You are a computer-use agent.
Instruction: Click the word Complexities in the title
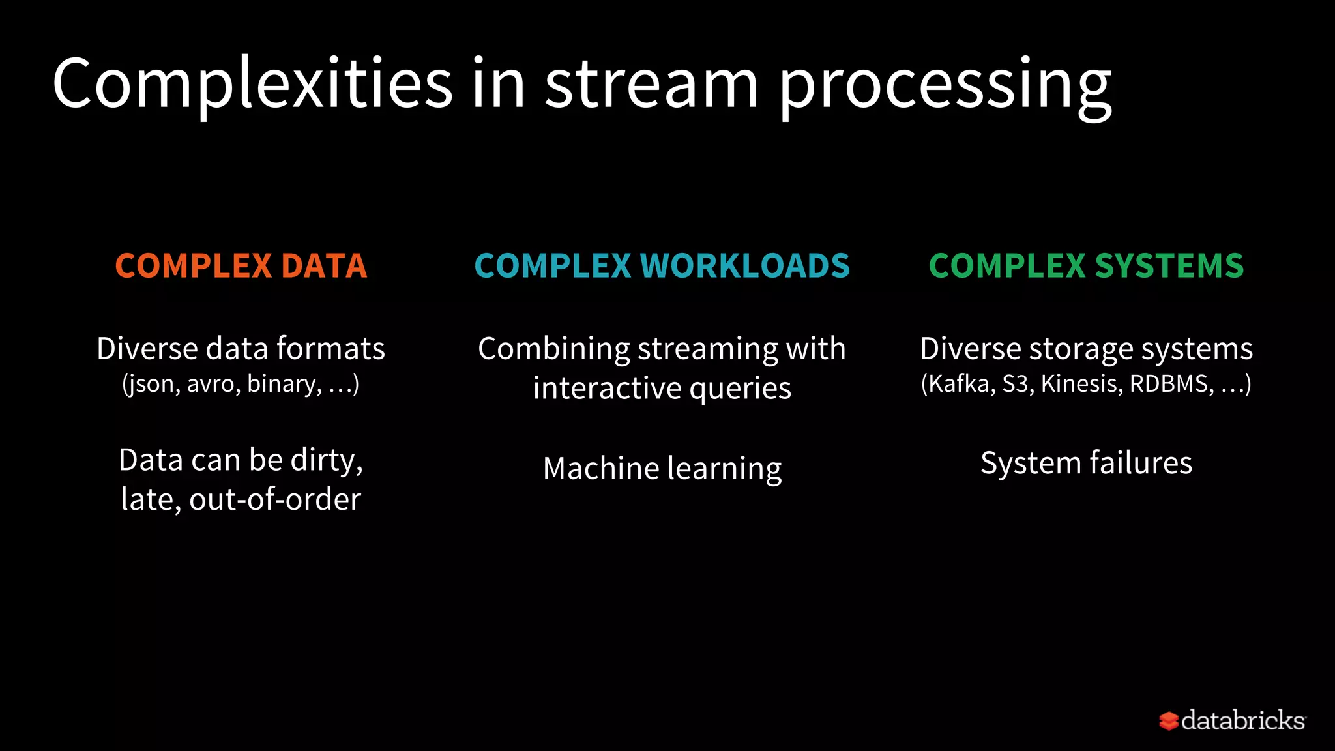[252, 85]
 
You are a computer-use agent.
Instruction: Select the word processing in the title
[945, 88]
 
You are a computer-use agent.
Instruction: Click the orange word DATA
[325, 266]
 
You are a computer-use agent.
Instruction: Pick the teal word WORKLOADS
[745, 266]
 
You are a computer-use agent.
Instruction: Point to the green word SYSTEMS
[1169, 266]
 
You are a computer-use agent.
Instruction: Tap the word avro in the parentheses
[211, 383]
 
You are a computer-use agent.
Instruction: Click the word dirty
[326, 461]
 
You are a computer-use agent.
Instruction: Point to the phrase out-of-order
[274, 500]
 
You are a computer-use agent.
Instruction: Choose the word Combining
[553, 349]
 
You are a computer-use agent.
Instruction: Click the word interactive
[607, 389]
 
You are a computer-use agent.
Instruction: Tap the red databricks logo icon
[1168, 721]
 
